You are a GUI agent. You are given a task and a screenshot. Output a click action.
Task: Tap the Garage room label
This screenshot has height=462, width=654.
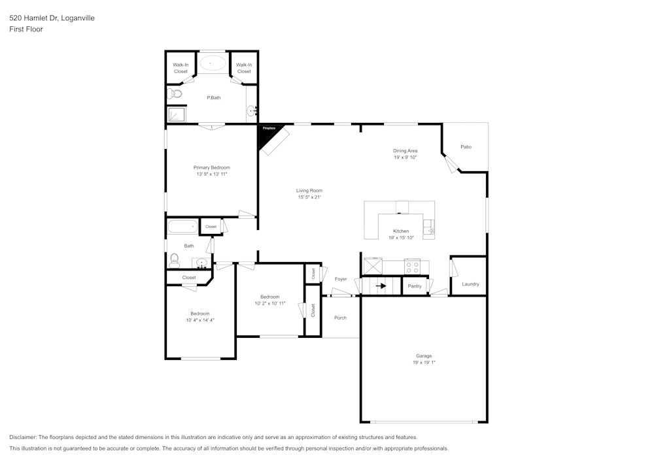tap(424, 356)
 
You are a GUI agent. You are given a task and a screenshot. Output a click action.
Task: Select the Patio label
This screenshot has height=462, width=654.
tap(466, 147)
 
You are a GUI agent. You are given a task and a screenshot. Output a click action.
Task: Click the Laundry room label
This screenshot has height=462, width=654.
tap(470, 284)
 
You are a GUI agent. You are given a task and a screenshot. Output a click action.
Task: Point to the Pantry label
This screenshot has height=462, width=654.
tap(415, 286)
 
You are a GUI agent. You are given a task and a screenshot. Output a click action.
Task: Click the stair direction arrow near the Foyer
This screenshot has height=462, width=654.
tap(381, 286)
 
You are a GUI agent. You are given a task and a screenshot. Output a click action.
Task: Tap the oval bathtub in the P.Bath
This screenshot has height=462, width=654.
tap(213, 63)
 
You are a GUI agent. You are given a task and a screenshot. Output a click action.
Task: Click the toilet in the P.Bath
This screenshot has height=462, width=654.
tap(174, 94)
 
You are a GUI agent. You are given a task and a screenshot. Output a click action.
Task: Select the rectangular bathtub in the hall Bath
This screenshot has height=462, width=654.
tap(182, 227)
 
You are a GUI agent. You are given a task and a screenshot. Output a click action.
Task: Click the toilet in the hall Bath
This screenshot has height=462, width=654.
tap(174, 259)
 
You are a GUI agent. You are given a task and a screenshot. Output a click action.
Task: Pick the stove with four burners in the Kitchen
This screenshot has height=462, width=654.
tap(412, 267)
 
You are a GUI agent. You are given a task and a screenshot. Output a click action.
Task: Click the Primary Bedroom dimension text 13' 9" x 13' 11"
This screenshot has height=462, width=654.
tap(212, 174)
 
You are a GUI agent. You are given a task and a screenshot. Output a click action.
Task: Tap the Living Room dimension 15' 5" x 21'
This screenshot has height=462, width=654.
tap(309, 197)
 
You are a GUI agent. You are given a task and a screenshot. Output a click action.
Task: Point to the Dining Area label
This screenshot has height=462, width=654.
tap(405, 151)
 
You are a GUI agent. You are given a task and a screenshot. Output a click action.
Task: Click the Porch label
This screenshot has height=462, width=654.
tap(340, 318)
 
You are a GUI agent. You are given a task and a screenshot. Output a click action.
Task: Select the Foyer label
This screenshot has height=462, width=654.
tap(341, 279)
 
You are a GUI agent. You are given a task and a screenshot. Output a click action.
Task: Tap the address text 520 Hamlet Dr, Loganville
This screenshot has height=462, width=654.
tap(52, 18)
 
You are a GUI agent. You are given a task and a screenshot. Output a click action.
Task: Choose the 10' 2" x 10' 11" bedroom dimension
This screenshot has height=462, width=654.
tap(270, 303)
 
